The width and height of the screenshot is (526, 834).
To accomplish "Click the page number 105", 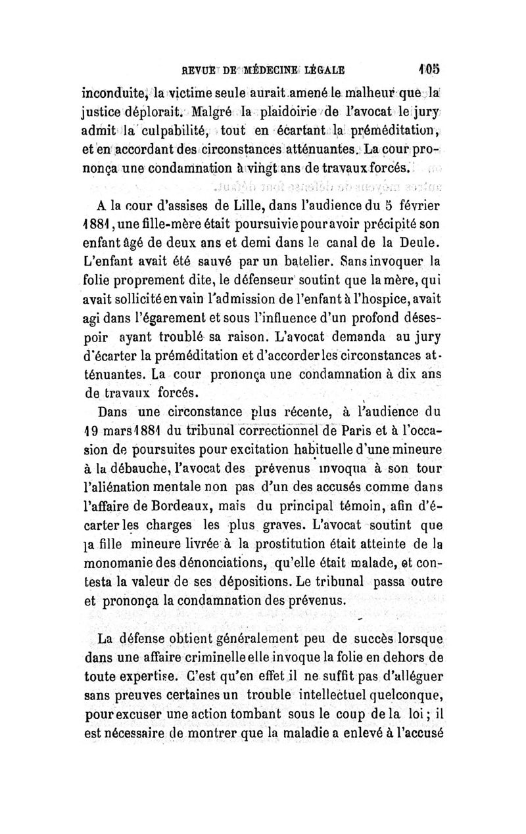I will click(x=431, y=68).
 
